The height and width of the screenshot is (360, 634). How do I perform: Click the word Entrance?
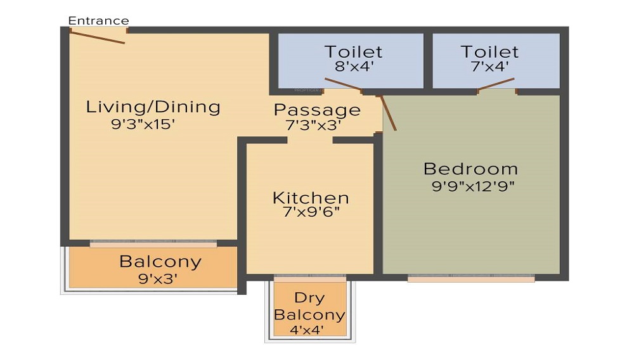tap(98, 21)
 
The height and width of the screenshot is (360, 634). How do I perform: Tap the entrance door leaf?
tap(97, 37)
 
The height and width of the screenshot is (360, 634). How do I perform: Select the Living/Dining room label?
tap(153, 106)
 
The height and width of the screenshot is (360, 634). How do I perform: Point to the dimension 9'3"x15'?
tap(143, 124)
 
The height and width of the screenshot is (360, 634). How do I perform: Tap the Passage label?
tap(317, 110)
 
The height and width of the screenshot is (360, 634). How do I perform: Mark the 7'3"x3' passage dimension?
tap(314, 125)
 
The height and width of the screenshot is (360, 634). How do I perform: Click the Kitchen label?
tap(311, 198)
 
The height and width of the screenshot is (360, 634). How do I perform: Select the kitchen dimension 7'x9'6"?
tap(311, 213)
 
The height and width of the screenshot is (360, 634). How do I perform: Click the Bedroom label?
tap(470, 169)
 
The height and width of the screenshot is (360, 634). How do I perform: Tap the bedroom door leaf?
tap(388, 113)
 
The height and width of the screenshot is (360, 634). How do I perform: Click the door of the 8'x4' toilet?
tap(343, 85)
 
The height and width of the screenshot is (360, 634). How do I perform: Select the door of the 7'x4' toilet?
tap(496, 84)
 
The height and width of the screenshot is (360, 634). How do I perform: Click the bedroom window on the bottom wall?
tap(471, 278)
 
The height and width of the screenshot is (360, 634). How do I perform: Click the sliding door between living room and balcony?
tap(153, 243)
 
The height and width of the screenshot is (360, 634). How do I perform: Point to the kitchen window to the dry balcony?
tap(310, 278)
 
